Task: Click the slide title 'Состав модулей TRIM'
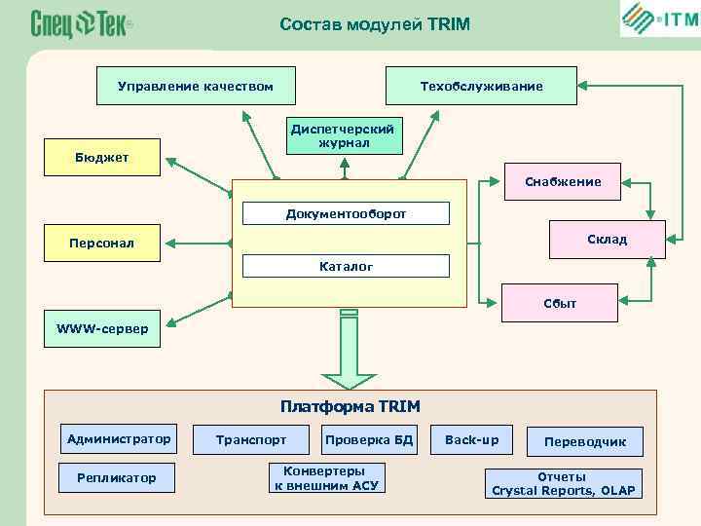click(x=374, y=23)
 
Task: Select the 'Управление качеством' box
click(x=195, y=87)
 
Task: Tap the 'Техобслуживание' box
click(x=481, y=87)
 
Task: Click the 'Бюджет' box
click(x=103, y=158)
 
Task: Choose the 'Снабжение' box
click(x=562, y=181)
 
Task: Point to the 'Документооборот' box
click(x=346, y=213)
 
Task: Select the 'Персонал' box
click(x=103, y=243)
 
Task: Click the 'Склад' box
click(x=607, y=240)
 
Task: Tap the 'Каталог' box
click(x=346, y=265)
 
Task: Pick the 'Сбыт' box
click(x=560, y=303)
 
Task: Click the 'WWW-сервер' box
click(x=103, y=329)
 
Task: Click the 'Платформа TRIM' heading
click(x=350, y=405)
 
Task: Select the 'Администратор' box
click(x=119, y=439)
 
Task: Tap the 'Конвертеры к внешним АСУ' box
click(x=326, y=476)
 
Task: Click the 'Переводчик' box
click(x=584, y=441)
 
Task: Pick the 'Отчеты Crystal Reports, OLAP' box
click(x=564, y=483)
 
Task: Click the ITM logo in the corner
click(x=658, y=19)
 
